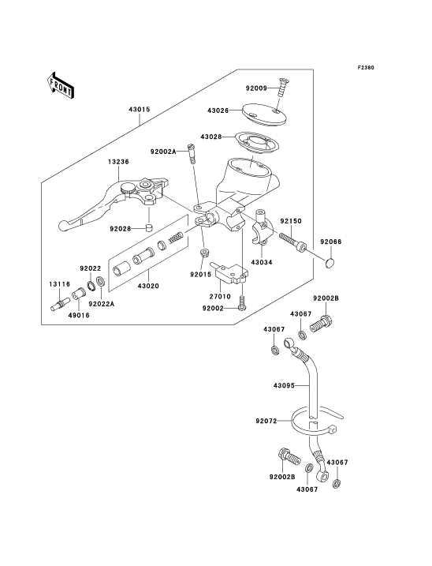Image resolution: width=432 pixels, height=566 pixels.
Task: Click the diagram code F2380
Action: [366, 68]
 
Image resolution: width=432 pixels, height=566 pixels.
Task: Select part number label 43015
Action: [140, 110]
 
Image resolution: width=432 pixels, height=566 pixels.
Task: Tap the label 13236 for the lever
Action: [118, 162]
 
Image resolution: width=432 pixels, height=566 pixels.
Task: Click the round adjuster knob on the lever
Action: [128, 189]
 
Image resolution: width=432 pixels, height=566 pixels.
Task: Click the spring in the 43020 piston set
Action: [177, 237]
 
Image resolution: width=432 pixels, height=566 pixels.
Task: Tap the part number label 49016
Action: [79, 315]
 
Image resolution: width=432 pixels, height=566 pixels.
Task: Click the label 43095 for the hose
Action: [284, 385]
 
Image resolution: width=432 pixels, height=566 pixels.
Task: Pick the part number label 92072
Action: [266, 421]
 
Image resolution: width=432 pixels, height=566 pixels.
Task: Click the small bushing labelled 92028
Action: [148, 228]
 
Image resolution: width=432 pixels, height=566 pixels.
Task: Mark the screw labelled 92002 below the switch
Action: [242, 302]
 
